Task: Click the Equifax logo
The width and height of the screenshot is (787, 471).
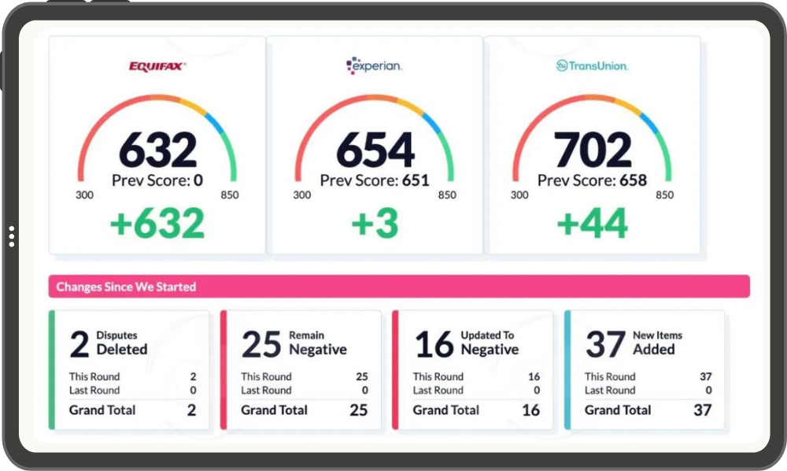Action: (157, 66)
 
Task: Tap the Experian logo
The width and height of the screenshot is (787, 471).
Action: (374, 66)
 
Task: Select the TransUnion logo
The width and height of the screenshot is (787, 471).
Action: (592, 66)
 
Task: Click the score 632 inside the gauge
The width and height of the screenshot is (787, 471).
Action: (157, 149)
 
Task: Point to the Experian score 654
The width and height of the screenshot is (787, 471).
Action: (375, 149)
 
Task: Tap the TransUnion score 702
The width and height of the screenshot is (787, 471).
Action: (593, 149)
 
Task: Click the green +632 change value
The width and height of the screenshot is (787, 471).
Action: (157, 223)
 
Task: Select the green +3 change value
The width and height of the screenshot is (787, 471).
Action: (375, 223)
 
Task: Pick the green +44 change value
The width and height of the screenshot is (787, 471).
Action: (593, 223)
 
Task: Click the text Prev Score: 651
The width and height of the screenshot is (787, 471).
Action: (375, 180)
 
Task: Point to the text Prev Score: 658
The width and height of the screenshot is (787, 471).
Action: (592, 180)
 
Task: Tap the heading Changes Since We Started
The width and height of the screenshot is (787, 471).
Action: (126, 287)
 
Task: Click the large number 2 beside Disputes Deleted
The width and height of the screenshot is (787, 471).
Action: (79, 344)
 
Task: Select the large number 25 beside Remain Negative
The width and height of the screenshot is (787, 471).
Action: (261, 344)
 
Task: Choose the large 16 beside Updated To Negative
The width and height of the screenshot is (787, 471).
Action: (434, 344)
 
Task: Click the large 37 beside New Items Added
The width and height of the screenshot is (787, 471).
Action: (606, 344)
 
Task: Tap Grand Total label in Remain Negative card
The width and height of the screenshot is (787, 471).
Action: (274, 410)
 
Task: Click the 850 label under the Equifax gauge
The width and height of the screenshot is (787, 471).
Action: (229, 195)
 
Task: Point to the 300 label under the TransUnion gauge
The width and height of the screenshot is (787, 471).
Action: (519, 195)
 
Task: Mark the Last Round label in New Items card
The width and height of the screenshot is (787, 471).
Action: (610, 390)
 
